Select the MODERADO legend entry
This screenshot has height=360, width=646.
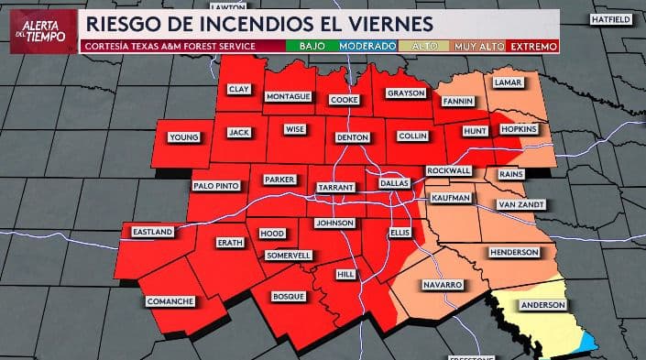pyautogui.click(x=367, y=45)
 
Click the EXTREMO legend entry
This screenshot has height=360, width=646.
pyautogui.click(x=533, y=45)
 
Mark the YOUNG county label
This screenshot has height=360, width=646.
pyautogui.click(x=183, y=137)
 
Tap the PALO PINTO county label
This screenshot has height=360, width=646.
pyautogui.click(x=216, y=186)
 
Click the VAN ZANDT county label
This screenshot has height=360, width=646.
pyautogui.click(x=520, y=204)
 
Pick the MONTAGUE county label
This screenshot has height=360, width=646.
pyautogui.click(x=288, y=96)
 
